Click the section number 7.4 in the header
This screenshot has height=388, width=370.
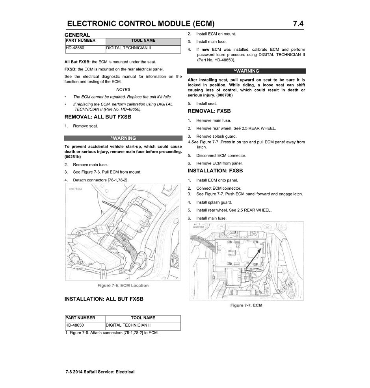(298, 24)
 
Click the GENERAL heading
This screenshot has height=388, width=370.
(77, 35)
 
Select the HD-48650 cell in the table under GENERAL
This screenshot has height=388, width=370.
(75, 48)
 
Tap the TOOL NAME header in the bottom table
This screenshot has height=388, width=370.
(143, 318)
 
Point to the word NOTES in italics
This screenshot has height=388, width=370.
(123, 90)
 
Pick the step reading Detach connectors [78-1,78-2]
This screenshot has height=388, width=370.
(100, 180)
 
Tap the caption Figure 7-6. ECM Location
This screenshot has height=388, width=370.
(123, 285)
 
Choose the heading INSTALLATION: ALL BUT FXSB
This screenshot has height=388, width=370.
(104, 299)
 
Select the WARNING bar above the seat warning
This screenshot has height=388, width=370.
(246, 71)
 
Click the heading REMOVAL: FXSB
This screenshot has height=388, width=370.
(209, 111)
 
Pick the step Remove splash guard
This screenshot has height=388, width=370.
(216, 137)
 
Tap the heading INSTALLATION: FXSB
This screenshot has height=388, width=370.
(215, 171)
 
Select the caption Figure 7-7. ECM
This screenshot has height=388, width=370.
(246, 305)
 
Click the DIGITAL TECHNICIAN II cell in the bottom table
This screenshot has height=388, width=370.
(128, 325)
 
